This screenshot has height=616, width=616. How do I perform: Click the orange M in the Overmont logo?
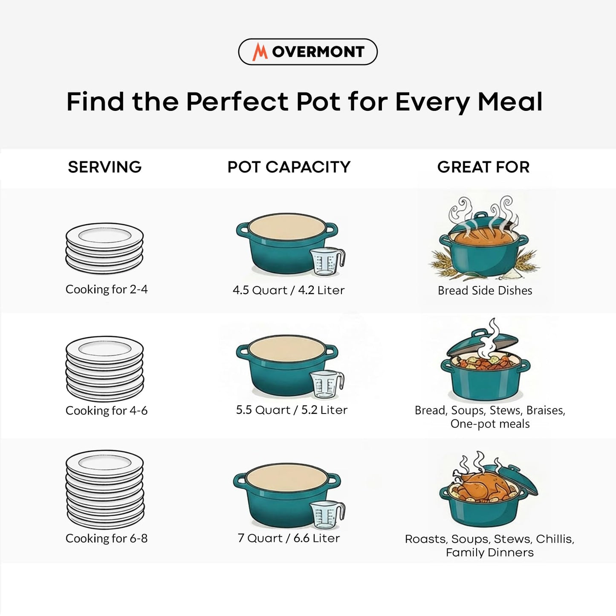(x=260, y=52)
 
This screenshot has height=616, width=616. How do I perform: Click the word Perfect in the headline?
(x=237, y=102)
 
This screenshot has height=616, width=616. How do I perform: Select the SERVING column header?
(x=104, y=167)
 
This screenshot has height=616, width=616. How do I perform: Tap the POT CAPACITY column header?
(x=289, y=167)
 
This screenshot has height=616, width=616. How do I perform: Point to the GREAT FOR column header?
(x=483, y=167)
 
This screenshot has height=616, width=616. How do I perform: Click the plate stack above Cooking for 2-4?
(x=104, y=248)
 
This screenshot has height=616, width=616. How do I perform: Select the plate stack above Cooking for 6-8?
(x=105, y=489)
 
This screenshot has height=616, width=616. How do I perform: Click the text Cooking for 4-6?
(x=107, y=411)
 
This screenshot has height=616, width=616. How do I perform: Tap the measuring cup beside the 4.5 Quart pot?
(x=327, y=261)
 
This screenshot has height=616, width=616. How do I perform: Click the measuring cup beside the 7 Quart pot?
(x=327, y=515)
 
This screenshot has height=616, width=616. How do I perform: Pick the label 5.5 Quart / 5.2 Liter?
(x=292, y=410)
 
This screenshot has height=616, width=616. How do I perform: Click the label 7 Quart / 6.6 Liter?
(x=289, y=538)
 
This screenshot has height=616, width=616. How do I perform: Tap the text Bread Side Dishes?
(x=485, y=291)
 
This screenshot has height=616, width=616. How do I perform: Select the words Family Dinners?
(x=489, y=552)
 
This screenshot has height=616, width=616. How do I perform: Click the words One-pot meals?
(x=490, y=424)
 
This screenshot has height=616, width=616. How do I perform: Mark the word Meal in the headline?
(x=510, y=102)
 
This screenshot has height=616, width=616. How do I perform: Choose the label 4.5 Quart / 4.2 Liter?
(x=289, y=290)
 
